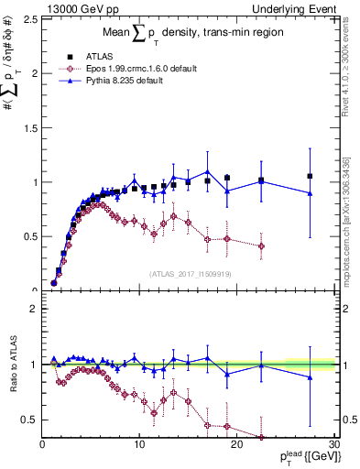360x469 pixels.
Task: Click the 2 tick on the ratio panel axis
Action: click(x=32, y=309)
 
